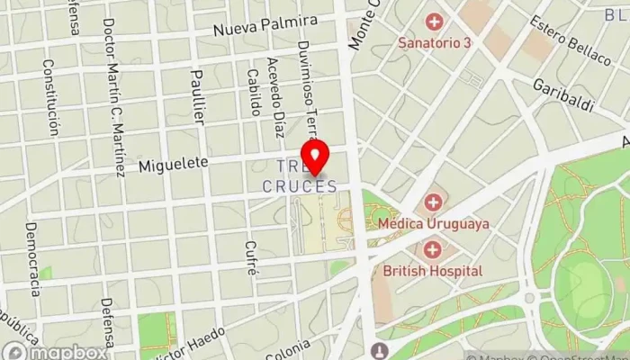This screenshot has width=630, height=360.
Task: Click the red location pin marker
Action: coord(314,156)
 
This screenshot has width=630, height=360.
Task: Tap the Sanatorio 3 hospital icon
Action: coord(436,21)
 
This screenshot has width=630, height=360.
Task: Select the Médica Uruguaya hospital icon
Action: coord(434,201)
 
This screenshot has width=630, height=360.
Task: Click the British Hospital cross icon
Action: coord(434,248)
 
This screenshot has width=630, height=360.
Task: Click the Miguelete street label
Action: coord(174,164)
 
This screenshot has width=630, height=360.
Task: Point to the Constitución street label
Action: coord(51,96)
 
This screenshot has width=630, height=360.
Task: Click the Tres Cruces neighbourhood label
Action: coord(301,176)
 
